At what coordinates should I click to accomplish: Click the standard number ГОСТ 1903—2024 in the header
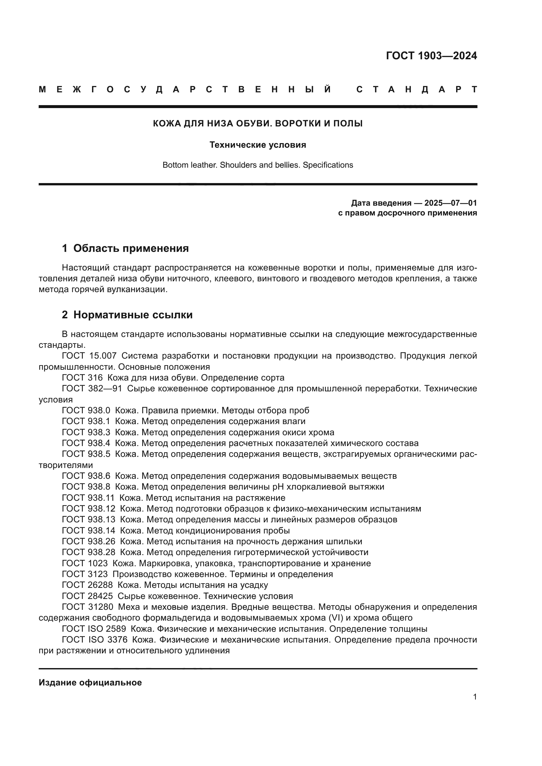[431, 56]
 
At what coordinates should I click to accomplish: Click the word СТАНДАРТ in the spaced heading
[416, 90]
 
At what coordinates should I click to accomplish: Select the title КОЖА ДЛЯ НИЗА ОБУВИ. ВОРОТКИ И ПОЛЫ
[258, 123]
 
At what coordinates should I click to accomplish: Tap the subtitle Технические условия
[258, 145]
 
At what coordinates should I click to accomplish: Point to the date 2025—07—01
[450, 203]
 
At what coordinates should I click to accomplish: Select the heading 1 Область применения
[125, 248]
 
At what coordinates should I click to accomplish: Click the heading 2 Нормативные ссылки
[127, 315]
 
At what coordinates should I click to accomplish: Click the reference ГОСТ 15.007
[89, 356]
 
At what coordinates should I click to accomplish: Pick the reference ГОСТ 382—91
[92, 389]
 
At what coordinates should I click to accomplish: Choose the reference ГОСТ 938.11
[88, 498]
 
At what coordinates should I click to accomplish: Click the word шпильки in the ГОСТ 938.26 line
[347, 541]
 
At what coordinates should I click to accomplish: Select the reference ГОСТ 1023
[85, 564]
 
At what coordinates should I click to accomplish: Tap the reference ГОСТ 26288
[87, 585]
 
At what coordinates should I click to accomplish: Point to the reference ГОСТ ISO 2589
[94, 629]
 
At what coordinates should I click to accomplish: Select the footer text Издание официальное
[90, 682]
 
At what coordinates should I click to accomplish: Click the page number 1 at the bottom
[474, 697]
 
